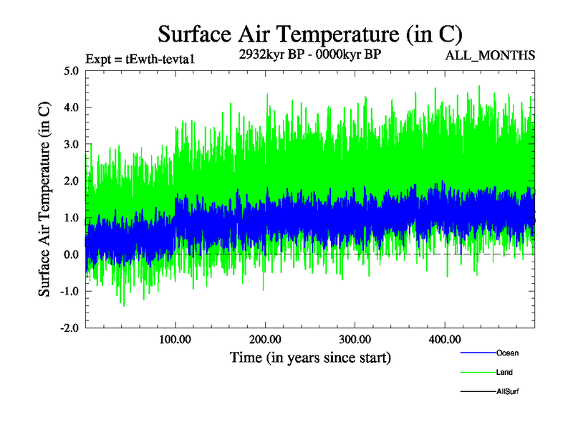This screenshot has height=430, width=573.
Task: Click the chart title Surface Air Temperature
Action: [x=309, y=34]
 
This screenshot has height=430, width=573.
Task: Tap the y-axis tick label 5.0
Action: [x=72, y=71]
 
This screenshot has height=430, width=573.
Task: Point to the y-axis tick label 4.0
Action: [x=72, y=107]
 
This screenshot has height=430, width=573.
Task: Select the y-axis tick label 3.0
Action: [x=72, y=145]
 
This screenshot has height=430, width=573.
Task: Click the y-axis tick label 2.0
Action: [x=72, y=181]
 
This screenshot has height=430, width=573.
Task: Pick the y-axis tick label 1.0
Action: [x=72, y=218]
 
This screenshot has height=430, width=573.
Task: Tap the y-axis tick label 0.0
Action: [x=72, y=254]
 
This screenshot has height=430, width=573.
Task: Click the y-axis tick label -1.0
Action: [x=69, y=292]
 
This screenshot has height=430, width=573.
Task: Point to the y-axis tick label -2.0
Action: [x=69, y=328]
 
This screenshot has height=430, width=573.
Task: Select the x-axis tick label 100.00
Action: [x=175, y=339]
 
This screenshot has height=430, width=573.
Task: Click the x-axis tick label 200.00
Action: [x=265, y=339]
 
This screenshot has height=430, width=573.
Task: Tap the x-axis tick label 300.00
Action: [x=355, y=339]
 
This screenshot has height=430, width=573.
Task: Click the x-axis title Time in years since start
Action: [x=310, y=357]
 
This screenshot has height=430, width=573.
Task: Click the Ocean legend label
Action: [x=507, y=353]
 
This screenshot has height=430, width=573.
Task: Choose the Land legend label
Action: [x=504, y=372]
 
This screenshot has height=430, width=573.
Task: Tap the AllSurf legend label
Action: [x=507, y=391]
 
